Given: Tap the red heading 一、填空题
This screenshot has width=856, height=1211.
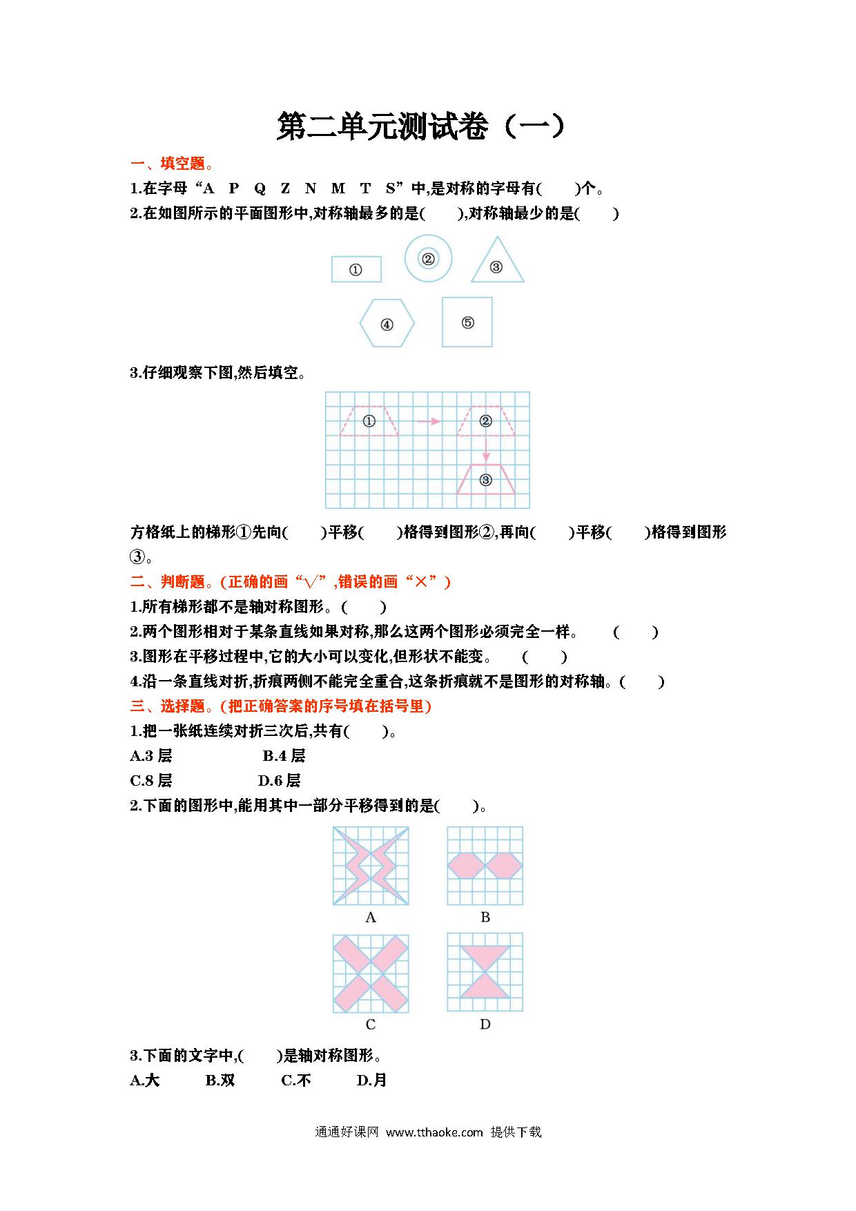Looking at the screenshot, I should [172, 164].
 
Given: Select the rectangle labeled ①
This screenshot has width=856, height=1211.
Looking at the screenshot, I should [356, 269].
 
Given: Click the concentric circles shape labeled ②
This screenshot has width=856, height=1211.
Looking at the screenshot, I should [428, 259].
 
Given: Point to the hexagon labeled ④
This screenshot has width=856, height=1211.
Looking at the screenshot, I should [387, 323].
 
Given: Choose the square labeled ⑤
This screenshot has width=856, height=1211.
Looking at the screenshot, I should [467, 322].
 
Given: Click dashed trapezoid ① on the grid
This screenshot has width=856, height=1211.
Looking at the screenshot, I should [369, 421].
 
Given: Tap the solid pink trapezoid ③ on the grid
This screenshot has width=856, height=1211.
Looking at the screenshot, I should [485, 480].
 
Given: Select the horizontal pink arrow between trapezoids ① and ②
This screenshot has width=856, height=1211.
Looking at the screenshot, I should [428, 421].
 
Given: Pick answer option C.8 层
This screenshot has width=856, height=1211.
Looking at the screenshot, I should [151, 781].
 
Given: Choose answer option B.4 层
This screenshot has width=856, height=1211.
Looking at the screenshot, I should [284, 756].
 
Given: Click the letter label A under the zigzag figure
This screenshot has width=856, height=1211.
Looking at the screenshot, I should [371, 918].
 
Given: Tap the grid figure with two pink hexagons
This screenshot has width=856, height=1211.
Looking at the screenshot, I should [485, 866].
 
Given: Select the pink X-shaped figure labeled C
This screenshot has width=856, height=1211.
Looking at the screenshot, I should [371, 973].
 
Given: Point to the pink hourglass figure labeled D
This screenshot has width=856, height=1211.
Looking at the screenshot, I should [485, 972].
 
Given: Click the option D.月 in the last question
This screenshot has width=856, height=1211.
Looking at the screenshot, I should [371, 1081].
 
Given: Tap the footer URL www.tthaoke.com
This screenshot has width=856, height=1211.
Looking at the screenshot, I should [434, 1132].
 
